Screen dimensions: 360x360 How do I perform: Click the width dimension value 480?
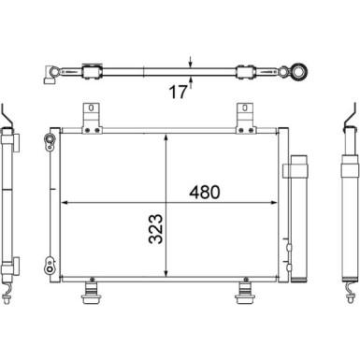(205, 193)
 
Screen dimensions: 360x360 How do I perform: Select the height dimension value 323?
(155, 229)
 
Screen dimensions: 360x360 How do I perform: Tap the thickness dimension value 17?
(178, 93)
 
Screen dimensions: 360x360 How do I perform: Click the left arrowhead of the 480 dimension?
(65, 203)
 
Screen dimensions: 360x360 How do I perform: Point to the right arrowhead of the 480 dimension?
(273, 203)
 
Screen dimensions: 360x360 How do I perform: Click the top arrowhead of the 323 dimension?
(166, 137)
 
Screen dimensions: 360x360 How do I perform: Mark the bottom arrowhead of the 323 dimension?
(166, 273)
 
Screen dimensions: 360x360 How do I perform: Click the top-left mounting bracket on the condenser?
(92, 119)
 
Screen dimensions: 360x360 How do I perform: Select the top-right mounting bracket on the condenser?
(246, 119)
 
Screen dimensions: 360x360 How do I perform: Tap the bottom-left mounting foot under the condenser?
(91, 291)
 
